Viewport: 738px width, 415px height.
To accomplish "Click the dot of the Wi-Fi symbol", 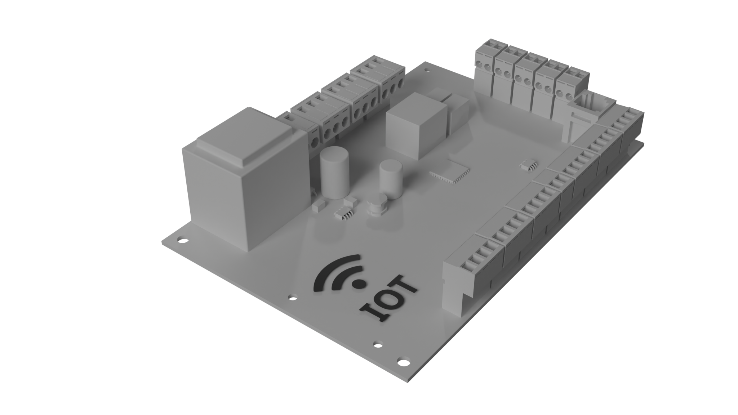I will click(x=358, y=284).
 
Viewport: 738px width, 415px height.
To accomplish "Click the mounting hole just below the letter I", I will click(x=378, y=344).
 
